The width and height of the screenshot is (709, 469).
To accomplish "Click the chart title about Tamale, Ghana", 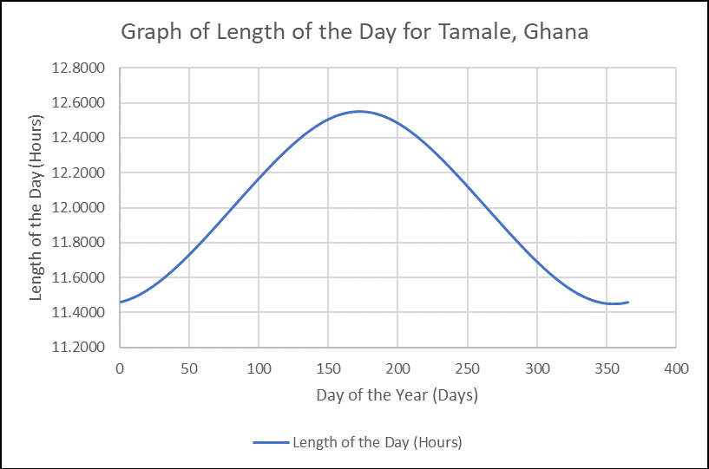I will coord(354,33).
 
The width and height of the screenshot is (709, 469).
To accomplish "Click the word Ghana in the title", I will coord(557,33).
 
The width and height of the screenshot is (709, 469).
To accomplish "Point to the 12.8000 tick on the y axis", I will coord(82,68).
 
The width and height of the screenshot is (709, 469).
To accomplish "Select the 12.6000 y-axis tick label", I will coord(82,103).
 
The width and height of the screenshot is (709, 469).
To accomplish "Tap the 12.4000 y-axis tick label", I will coord(82,138).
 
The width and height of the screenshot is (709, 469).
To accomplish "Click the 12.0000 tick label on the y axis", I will coord(82,208).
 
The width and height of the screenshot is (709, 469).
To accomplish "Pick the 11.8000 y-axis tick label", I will coord(82,243).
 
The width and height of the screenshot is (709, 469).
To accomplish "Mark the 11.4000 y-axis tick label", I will coord(82,312).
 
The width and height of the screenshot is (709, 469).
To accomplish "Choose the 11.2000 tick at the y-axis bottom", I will coord(82,348).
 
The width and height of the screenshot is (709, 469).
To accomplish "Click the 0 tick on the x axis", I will coord(120,368).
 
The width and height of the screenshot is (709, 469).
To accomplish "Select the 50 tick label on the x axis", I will coord(189,368).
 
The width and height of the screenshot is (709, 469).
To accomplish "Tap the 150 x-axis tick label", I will coord(328,368).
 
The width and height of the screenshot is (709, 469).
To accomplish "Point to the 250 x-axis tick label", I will coord(468,368).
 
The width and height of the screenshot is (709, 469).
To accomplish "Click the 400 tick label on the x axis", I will coord(676,368).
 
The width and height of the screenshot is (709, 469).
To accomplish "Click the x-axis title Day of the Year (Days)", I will coord(397,395).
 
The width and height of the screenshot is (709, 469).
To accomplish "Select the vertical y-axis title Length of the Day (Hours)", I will coord(36,206).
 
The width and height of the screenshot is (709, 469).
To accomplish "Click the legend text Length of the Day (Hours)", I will coord(377,442).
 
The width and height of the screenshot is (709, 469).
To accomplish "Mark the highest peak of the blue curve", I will coord(358,111).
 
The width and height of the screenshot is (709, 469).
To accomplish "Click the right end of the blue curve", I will coord(627,302).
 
